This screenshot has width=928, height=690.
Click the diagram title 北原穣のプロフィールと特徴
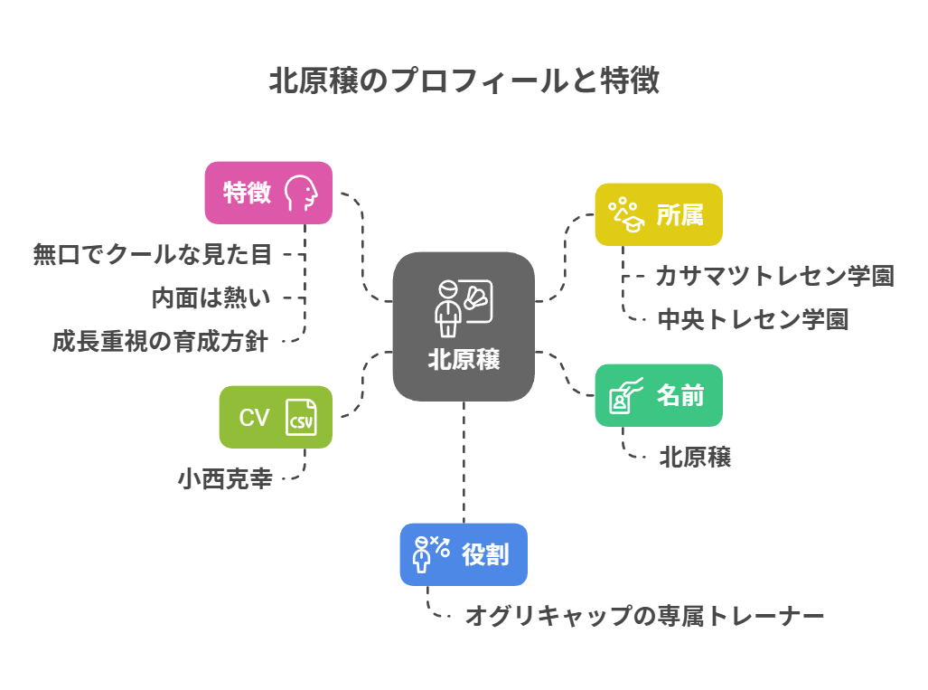(464, 81)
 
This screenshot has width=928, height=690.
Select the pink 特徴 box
(268, 193)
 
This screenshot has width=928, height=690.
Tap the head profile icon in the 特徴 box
(301, 193)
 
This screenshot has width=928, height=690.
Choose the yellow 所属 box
(659, 214)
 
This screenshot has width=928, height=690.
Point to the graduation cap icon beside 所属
(624, 215)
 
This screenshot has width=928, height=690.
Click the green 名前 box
(659, 395)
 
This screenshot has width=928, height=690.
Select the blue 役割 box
(464, 554)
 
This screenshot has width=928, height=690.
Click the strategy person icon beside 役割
(430, 554)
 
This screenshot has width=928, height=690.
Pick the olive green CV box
(276, 417)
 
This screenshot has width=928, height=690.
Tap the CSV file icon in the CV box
(301, 418)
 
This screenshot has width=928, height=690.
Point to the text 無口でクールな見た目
(152, 255)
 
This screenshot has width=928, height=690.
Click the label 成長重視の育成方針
(160, 342)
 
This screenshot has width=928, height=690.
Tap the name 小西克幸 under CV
(225, 478)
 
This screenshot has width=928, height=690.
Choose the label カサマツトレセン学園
(774, 276)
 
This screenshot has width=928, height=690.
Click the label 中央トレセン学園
(753, 319)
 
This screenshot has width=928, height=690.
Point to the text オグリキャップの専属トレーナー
(644, 617)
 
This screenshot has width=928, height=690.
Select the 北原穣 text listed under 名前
(694, 458)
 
